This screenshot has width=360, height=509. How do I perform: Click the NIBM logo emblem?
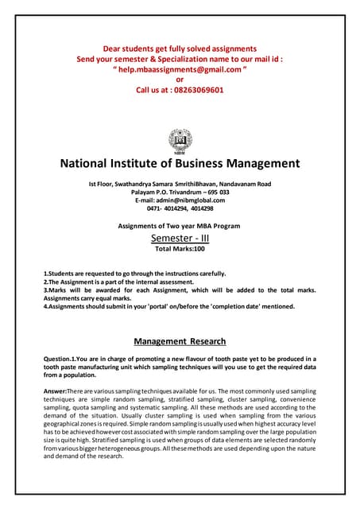pyautogui.click(x=180, y=140)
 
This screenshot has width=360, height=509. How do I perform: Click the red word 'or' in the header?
pyautogui.click(x=180, y=80)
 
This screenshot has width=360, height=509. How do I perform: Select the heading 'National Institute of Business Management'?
pyautogui.click(x=180, y=164)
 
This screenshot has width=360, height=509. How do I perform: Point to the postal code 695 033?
pyautogui.click(x=213, y=192)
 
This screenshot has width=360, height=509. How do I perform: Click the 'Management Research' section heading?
pyautogui.click(x=180, y=341)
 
